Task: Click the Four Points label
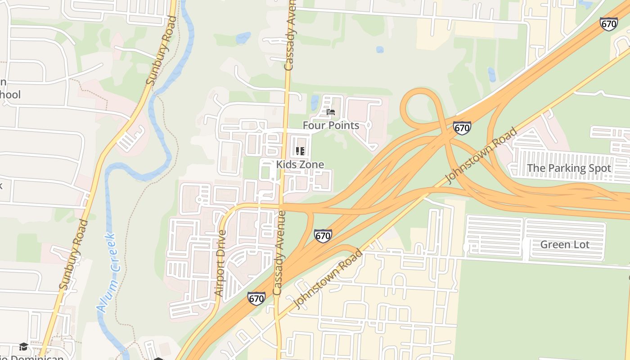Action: pyautogui.click(x=331, y=126)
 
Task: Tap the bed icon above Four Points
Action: pyautogui.click(x=331, y=112)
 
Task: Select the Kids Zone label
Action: pyautogui.click(x=300, y=165)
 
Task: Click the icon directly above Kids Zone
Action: pyautogui.click(x=300, y=151)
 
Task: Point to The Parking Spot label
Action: pyautogui.click(x=569, y=168)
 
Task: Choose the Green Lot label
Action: pyautogui.click(x=571, y=245)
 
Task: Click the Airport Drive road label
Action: pyautogui.click(x=220, y=263)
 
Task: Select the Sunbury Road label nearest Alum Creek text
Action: pyautogui.click(x=73, y=254)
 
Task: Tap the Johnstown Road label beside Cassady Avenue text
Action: pyautogui.click(x=328, y=279)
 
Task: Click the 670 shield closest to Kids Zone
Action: pyautogui.click(x=323, y=235)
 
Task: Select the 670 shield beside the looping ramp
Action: pyautogui.click(x=462, y=128)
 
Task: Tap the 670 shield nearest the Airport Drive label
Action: pyautogui.click(x=256, y=298)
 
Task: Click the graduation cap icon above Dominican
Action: pyautogui.click(x=23, y=346)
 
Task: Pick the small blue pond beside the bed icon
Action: pyautogui.click(x=314, y=103)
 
